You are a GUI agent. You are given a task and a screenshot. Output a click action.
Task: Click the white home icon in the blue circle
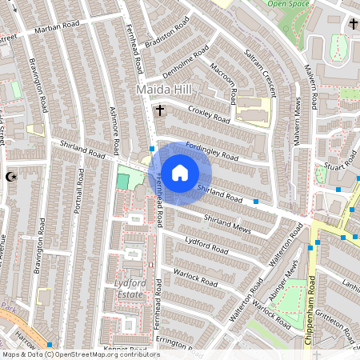pos(180,172)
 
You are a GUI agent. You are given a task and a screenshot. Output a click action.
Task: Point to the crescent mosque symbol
pos(10,176)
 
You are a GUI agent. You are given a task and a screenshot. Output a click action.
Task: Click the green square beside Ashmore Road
pos(122,181)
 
